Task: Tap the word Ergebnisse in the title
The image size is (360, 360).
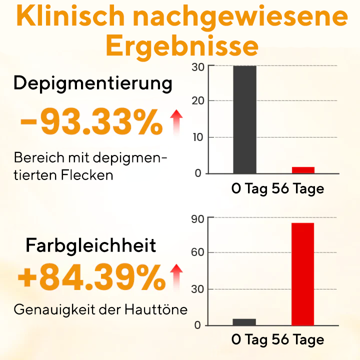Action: pyautogui.click(x=182, y=46)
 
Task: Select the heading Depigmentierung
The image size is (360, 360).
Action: pyautogui.click(x=93, y=83)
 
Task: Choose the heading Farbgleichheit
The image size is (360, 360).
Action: pyautogui.click(x=91, y=245)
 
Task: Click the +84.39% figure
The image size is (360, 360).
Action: pyautogui.click(x=91, y=278)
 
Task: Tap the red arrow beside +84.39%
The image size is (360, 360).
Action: pyautogui.click(x=175, y=277)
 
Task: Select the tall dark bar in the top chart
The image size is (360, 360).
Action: pyautogui.click(x=244, y=119)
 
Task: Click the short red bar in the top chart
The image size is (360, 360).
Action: pyautogui.click(x=302, y=170)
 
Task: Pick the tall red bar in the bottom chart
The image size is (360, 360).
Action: pyautogui.click(x=302, y=274)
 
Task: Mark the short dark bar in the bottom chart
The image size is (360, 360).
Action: pyautogui.click(x=244, y=322)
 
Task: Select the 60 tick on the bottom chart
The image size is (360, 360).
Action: pyautogui.click(x=197, y=252)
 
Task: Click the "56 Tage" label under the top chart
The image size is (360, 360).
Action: pyautogui.click(x=298, y=189)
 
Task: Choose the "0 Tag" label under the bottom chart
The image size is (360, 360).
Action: pyautogui.click(x=249, y=340)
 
